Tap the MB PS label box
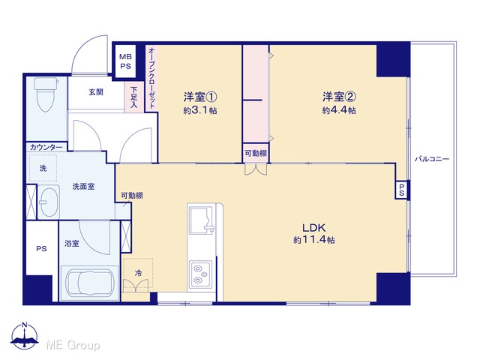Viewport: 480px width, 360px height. pyautogui.click(x=125, y=61)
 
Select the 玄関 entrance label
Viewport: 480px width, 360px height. pyautogui.click(x=96, y=91)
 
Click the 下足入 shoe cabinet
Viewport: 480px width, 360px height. pyautogui.click(x=133, y=97)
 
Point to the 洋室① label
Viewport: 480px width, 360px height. pyautogui.click(x=200, y=97)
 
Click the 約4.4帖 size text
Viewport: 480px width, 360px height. pyautogui.click(x=339, y=110)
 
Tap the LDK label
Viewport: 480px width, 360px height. pyautogui.click(x=313, y=227)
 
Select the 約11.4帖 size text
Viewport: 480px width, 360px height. pyautogui.click(x=313, y=240)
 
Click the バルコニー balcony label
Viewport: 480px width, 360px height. pyautogui.click(x=432, y=159)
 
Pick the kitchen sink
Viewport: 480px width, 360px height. pyautogui.click(x=201, y=218)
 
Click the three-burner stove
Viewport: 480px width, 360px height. pyautogui.click(x=200, y=274)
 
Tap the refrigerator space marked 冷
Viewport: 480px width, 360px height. pyautogui.click(x=138, y=273)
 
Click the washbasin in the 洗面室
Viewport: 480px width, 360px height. pyautogui.click(x=48, y=202)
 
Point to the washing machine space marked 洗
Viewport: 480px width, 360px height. pyautogui.click(x=43, y=168)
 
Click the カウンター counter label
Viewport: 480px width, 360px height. pyautogui.click(x=46, y=148)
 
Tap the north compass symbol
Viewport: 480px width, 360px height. pyautogui.click(x=25, y=336)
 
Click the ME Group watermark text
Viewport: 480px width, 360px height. pyautogui.click(x=73, y=345)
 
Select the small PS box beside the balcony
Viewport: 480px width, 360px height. pyautogui.click(x=402, y=190)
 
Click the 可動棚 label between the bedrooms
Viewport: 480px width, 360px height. pyautogui.click(x=256, y=153)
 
